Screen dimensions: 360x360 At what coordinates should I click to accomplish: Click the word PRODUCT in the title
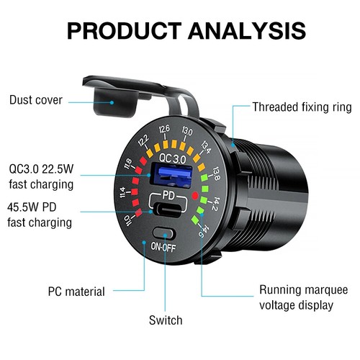click(x=125, y=31)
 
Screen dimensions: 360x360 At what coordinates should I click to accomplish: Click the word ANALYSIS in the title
click(x=247, y=31)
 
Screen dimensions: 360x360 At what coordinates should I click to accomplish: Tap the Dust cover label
click(x=36, y=100)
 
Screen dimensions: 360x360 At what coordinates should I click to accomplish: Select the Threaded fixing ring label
click(x=302, y=107)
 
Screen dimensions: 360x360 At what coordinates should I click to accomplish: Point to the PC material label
click(x=76, y=292)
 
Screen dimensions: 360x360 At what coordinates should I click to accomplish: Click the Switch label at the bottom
click(x=166, y=320)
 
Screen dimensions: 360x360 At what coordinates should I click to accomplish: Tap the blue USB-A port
click(x=171, y=175)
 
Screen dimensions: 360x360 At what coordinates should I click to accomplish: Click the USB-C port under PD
click(x=168, y=209)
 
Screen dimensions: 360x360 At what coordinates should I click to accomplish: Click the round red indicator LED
click(x=195, y=196)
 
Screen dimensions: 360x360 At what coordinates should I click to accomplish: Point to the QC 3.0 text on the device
click(x=173, y=158)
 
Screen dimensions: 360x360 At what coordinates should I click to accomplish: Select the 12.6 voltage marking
click(x=164, y=129)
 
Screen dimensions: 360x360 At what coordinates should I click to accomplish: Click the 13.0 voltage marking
click(x=187, y=131)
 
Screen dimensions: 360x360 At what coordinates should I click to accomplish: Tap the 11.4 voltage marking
click(x=122, y=192)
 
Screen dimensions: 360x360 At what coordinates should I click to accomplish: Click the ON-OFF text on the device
click(x=163, y=247)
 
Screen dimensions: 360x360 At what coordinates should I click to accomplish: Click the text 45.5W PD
click(x=32, y=207)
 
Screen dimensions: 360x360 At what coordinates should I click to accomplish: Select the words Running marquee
click(x=304, y=290)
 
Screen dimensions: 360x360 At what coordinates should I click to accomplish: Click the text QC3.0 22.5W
click(x=41, y=169)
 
